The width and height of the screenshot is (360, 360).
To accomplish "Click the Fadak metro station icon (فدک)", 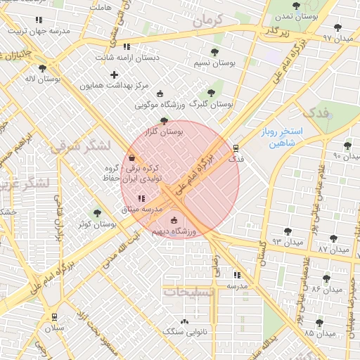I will pos(236,148).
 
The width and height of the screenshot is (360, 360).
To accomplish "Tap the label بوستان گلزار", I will pos(163,131).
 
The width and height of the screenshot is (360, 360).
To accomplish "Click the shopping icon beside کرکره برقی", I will pos(132,158).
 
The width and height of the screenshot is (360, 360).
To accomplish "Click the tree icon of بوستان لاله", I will pos(43,68).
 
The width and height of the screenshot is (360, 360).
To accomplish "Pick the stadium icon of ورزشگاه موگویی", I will pos(160,94).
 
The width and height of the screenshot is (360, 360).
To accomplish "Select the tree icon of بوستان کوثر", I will pos(97,213).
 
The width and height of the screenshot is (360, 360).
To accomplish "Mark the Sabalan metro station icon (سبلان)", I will pos(54,317).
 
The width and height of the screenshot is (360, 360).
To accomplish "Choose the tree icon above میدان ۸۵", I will pos(319,323).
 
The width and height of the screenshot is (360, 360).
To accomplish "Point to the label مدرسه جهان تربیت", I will pos(48,31).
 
